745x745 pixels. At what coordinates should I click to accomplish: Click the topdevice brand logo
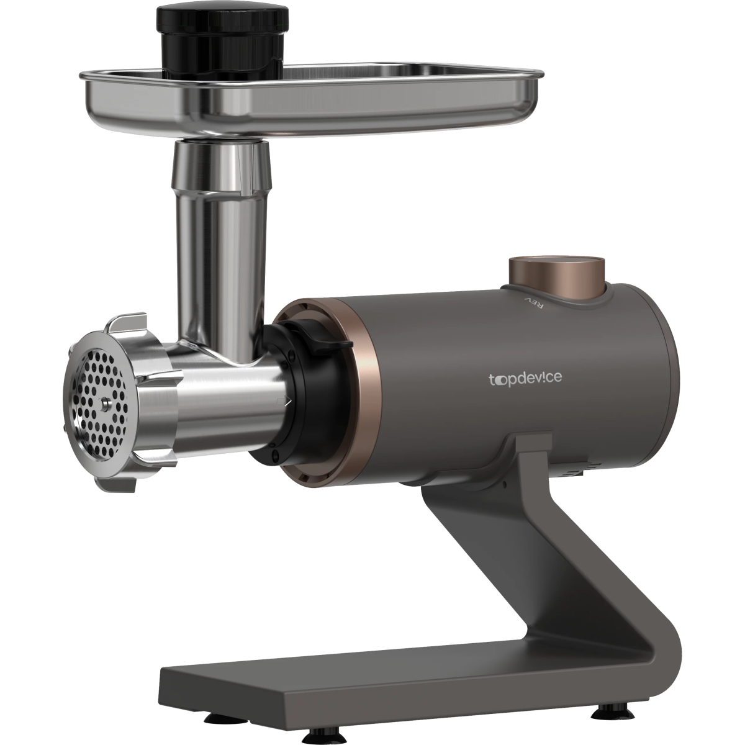coord(525,378)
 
